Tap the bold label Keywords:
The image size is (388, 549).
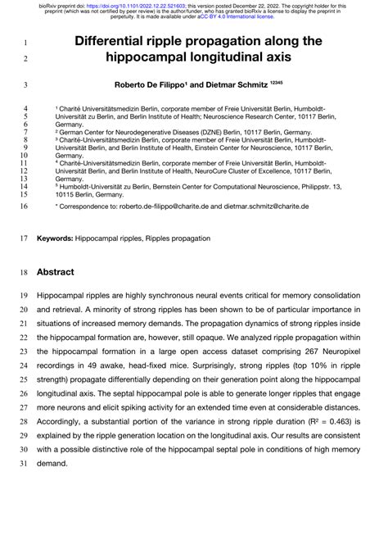click(x=55, y=238)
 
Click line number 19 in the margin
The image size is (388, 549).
click(x=22, y=296)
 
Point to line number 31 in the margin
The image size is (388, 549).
click(x=22, y=463)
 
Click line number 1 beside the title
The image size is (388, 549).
click(x=25, y=42)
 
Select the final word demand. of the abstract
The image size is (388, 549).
click(x=56, y=463)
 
